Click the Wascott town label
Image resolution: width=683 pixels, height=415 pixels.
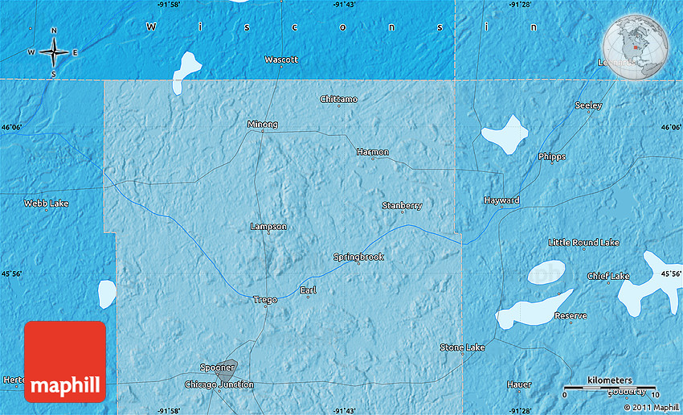281,60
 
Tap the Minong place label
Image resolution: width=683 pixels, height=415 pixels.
263,125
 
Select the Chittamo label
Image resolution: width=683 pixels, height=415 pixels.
338,99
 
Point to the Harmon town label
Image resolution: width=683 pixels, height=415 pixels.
373,152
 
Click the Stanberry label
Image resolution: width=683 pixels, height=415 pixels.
402,206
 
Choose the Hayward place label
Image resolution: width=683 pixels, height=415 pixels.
501,200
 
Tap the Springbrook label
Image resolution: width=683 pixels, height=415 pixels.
358,257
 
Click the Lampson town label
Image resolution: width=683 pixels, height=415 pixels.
268,227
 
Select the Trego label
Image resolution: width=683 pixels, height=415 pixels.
265,300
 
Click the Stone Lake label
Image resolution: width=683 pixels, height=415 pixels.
462,347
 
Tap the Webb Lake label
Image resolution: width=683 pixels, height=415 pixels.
46,203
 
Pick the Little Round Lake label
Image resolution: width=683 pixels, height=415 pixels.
584,242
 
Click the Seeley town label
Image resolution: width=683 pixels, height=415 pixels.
588,105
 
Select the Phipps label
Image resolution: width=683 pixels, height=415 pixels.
552,157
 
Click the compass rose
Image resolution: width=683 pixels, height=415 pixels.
53,52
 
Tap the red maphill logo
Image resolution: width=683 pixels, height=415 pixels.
65,361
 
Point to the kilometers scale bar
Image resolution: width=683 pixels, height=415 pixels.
609,388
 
